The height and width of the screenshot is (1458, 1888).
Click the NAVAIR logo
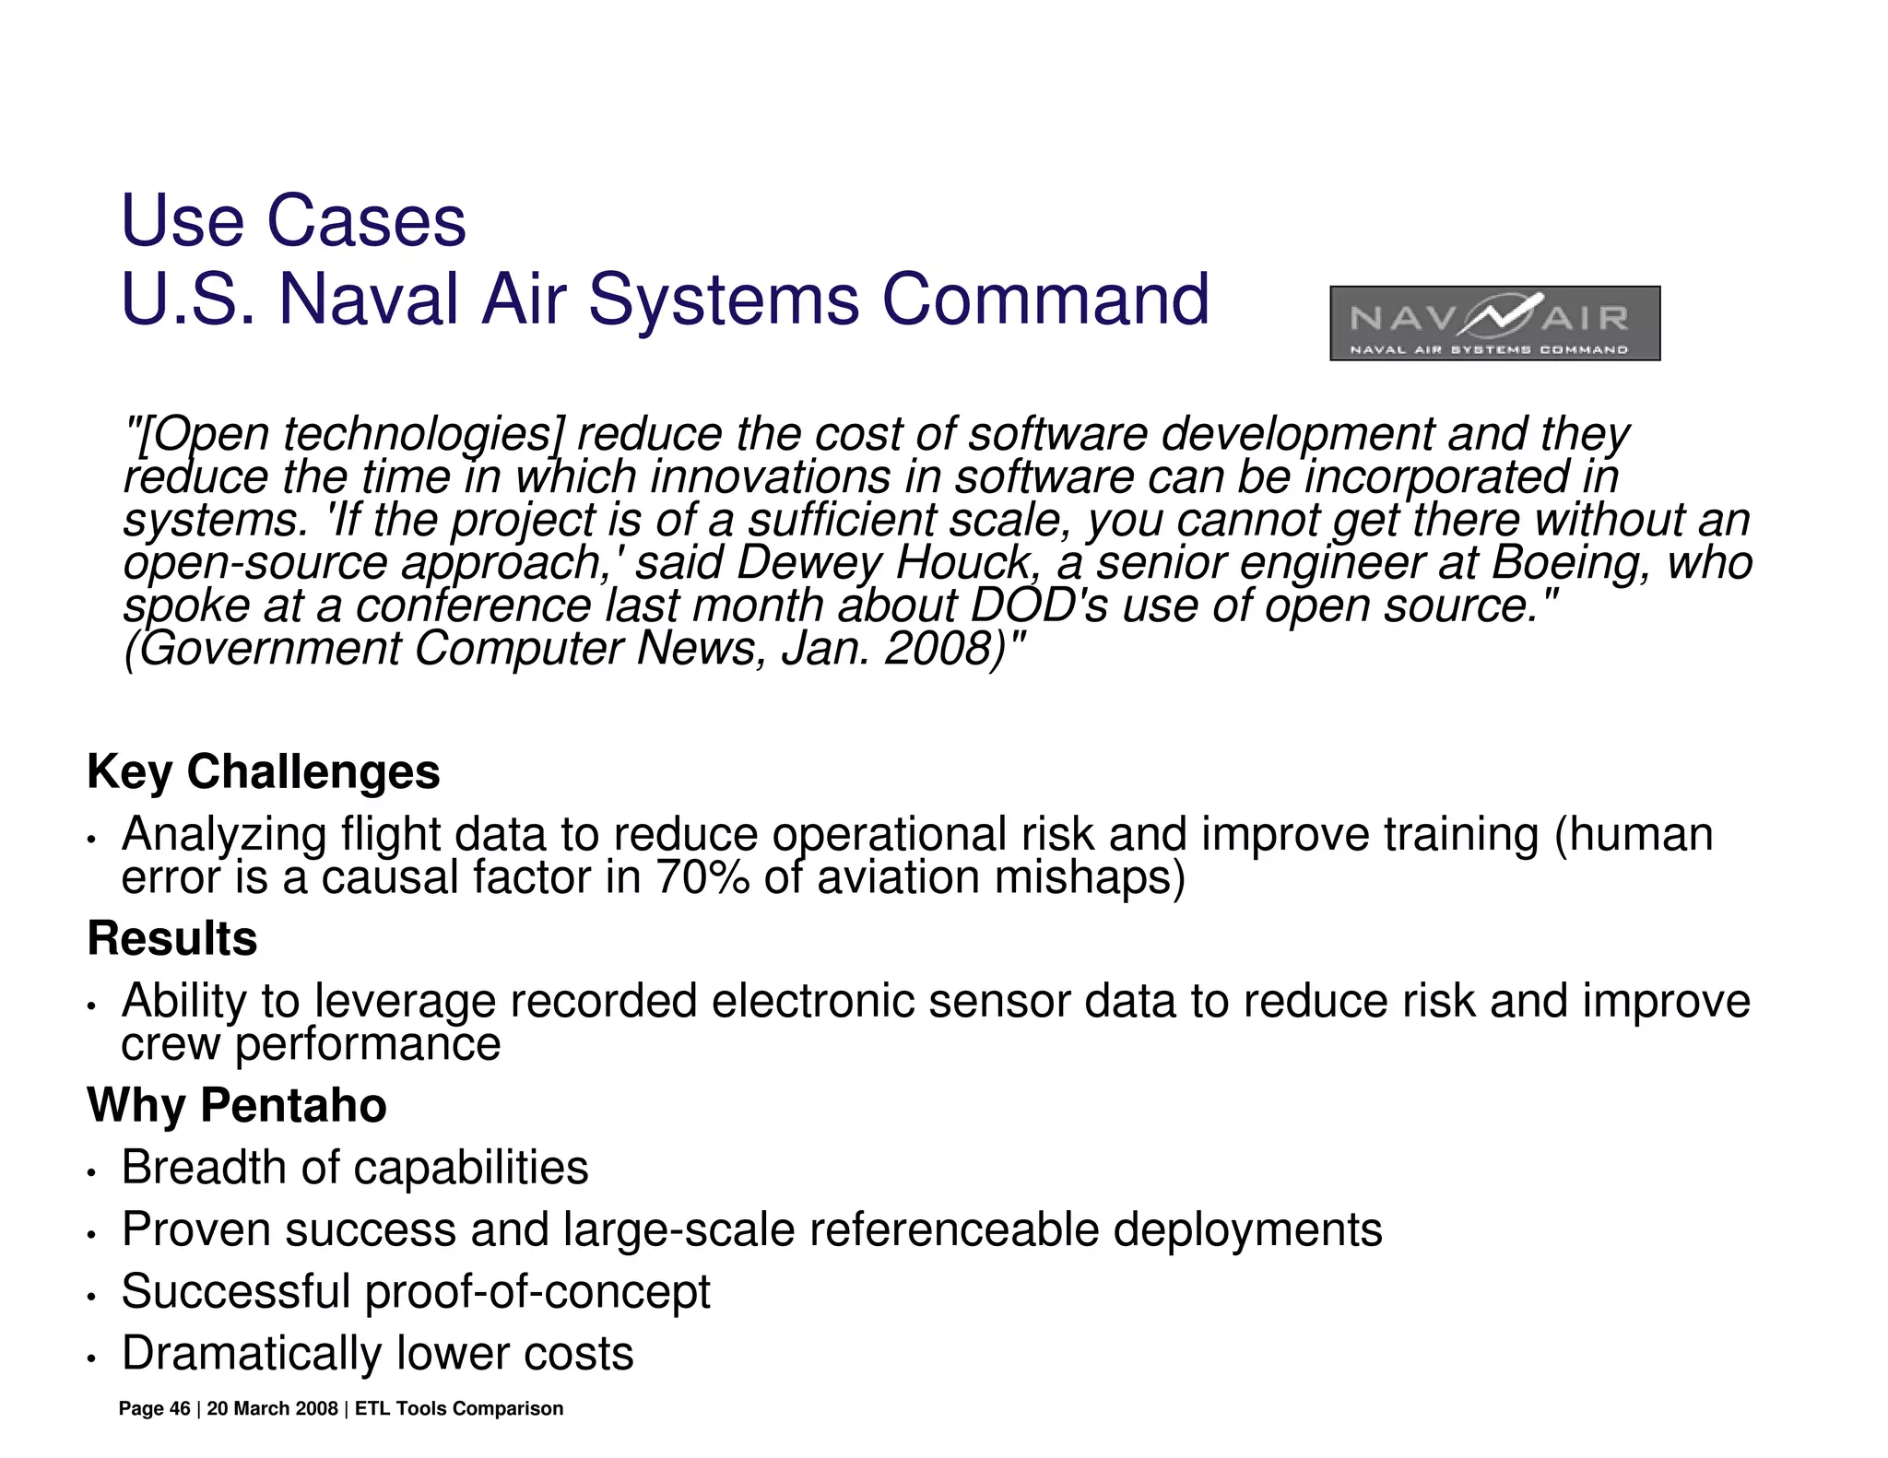tap(1494, 323)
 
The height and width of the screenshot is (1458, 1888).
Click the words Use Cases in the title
tap(293, 221)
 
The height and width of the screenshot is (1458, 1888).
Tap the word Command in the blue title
tap(1044, 300)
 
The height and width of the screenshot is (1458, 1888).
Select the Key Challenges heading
tap(263, 771)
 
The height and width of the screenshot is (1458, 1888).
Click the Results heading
tap(171, 938)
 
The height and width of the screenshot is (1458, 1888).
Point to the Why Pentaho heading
tap(236, 1105)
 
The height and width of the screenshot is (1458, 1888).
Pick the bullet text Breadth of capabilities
tap(354, 1168)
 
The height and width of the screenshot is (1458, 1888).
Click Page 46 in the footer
tap(154, 1409)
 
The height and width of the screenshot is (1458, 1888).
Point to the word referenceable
tap(953, 1230)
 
